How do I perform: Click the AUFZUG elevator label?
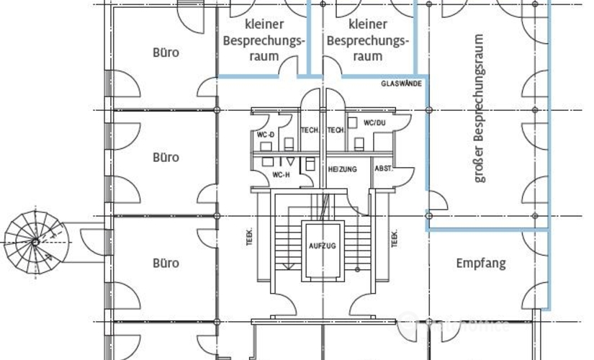tap(321, 246)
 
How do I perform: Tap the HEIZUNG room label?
tap(342, 169)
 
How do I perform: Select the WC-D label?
tap(266, 135)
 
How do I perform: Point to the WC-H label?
tap(281, 175)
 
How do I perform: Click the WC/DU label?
tap(374, 122)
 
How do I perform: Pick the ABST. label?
tap(383, 168)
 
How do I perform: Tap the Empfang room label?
tap(481, 264)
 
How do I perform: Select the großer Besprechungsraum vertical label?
tap(480, 107)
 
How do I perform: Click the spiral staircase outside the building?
tap(33, 238)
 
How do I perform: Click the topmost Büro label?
tap(166, 53)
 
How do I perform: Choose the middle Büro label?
tap(166, 158)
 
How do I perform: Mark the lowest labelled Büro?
tap(166, 263)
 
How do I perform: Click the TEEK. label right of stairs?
tap(395, 238)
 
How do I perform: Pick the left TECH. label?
tap(310, 130)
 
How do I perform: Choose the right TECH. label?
tap(336, 130)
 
